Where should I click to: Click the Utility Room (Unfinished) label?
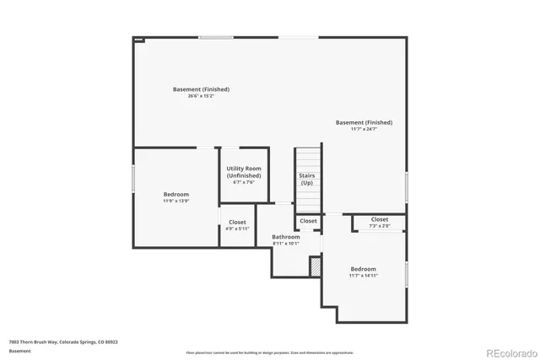click(x=243, y=172)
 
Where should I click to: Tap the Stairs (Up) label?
click(x=307, y=179)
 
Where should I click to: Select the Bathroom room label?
click(x=285, y=237)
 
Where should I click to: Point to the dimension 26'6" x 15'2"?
click(x=201, y=96)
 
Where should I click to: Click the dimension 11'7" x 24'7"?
click(x=364, y=129)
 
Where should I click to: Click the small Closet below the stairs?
click(x=308, y=221)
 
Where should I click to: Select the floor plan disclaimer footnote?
click(x=270, y=352)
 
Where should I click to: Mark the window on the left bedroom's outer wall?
click(x=133, y=178)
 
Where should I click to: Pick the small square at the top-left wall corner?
click(x=139, y=39)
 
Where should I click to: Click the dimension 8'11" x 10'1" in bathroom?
click(x=285, y=244)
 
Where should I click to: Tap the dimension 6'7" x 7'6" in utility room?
click(x=243, y=183)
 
